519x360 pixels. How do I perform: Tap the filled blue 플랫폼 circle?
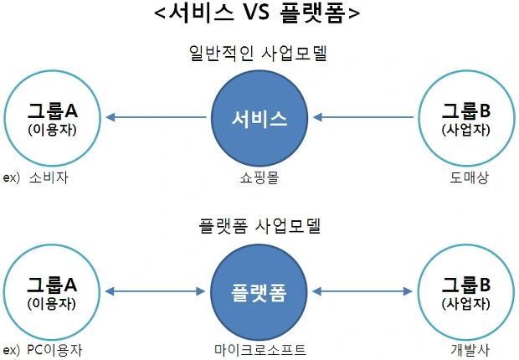(x=259, y=291)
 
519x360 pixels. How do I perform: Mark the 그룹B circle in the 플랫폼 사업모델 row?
(x=466, y=291)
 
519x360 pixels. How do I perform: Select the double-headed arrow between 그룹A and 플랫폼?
(x=157, y=291)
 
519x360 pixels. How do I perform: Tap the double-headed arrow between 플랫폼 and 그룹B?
(x=364, y=291)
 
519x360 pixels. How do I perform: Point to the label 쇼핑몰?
(x=259, y=177)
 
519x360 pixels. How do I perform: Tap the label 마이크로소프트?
(x=259, y=350)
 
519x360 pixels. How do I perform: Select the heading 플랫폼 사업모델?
(x=259, y=226)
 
